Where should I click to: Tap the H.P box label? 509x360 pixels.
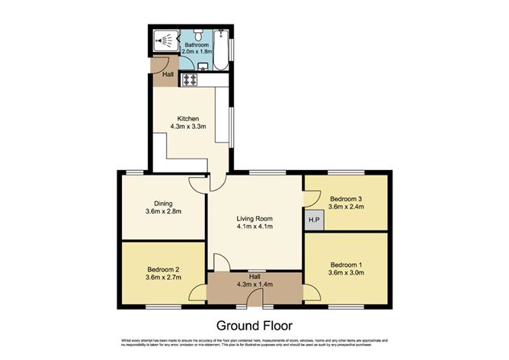312,221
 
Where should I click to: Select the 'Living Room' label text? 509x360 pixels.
254,219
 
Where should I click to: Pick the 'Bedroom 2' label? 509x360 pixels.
163,270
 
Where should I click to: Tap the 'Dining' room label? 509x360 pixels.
162,203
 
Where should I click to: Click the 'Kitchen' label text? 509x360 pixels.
188,118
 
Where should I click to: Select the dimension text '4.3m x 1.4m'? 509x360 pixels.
254,285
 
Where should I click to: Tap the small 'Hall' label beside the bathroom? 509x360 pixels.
167,75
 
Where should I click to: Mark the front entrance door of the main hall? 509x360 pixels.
254,302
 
